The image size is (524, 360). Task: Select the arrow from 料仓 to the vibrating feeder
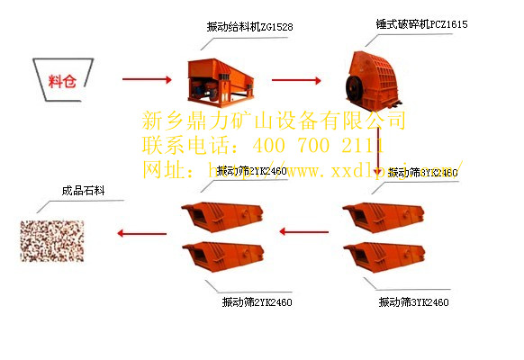145,80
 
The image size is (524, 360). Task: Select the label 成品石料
83,191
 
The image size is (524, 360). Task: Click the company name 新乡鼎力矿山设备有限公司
275,121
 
